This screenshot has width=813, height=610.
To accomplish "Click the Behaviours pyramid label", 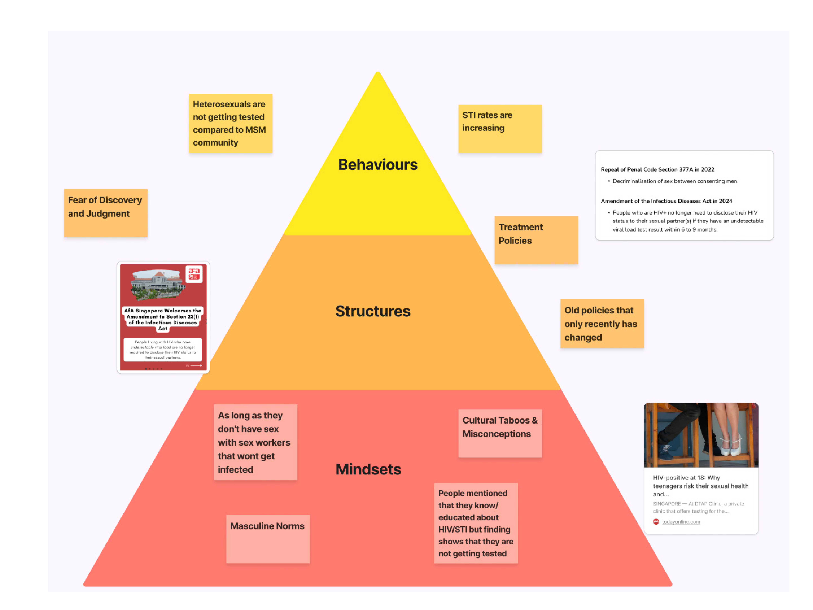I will pos(378,165).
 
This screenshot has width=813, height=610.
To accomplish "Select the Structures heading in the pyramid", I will pos(373,311).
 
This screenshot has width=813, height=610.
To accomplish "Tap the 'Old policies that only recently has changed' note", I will pos(602,324).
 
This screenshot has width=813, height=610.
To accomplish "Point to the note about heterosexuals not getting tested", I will pos(230,123).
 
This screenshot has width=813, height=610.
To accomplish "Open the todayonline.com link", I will pos(681,522).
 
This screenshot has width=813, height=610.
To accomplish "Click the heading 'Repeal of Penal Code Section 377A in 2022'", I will pos(657,169).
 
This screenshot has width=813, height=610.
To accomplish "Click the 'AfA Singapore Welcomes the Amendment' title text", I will pos(163,319).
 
